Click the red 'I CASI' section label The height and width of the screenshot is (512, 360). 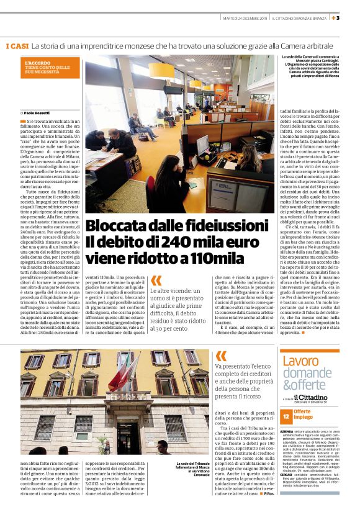coord(17,47)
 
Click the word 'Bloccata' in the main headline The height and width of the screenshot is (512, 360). coord(113,225)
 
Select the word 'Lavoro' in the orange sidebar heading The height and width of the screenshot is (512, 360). coord(301,361)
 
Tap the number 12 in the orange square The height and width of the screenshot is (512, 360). coord(286,415)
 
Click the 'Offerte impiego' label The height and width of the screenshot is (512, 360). coord(304,415)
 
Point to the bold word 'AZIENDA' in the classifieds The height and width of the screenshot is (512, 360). coord(287,429)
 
